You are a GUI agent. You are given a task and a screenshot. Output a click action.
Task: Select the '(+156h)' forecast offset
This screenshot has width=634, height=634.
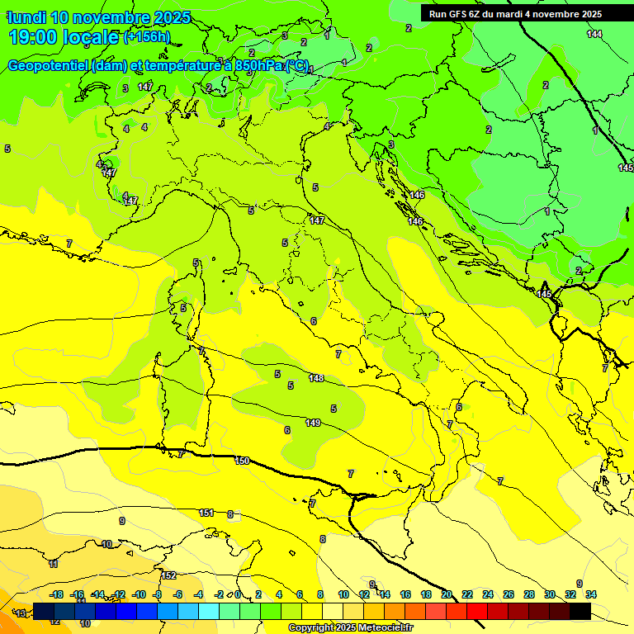(147, 36)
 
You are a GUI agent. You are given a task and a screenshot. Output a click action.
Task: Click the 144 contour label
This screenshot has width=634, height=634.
(594, 34)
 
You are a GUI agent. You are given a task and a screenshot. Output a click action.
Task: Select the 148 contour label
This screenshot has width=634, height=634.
(315, 378)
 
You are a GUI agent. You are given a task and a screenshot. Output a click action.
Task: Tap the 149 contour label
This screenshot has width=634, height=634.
(313, 423)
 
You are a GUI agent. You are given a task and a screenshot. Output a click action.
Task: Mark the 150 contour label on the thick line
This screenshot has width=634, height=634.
(241, 461)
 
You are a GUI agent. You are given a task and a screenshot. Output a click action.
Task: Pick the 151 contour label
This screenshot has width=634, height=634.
(206, 513)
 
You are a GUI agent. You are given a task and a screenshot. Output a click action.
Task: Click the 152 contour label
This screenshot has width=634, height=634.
(168, 575)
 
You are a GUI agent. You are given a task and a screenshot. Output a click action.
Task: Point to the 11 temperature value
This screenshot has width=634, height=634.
(54, 564)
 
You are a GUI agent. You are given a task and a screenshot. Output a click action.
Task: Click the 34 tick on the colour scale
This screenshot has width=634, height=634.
(591, 594)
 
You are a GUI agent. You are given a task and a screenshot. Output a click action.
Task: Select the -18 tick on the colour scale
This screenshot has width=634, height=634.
(57, 594)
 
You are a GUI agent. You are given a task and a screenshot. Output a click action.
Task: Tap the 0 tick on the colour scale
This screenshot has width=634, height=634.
(237, 594)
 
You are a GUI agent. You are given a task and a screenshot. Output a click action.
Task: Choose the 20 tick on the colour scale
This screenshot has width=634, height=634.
(447, 594)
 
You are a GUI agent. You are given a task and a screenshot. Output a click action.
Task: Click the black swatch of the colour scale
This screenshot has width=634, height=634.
(580, 611)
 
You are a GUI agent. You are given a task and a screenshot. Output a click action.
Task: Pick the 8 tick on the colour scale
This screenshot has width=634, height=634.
(320, 594)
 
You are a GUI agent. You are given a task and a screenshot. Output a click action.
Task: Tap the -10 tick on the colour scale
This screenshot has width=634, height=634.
(139, 594)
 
